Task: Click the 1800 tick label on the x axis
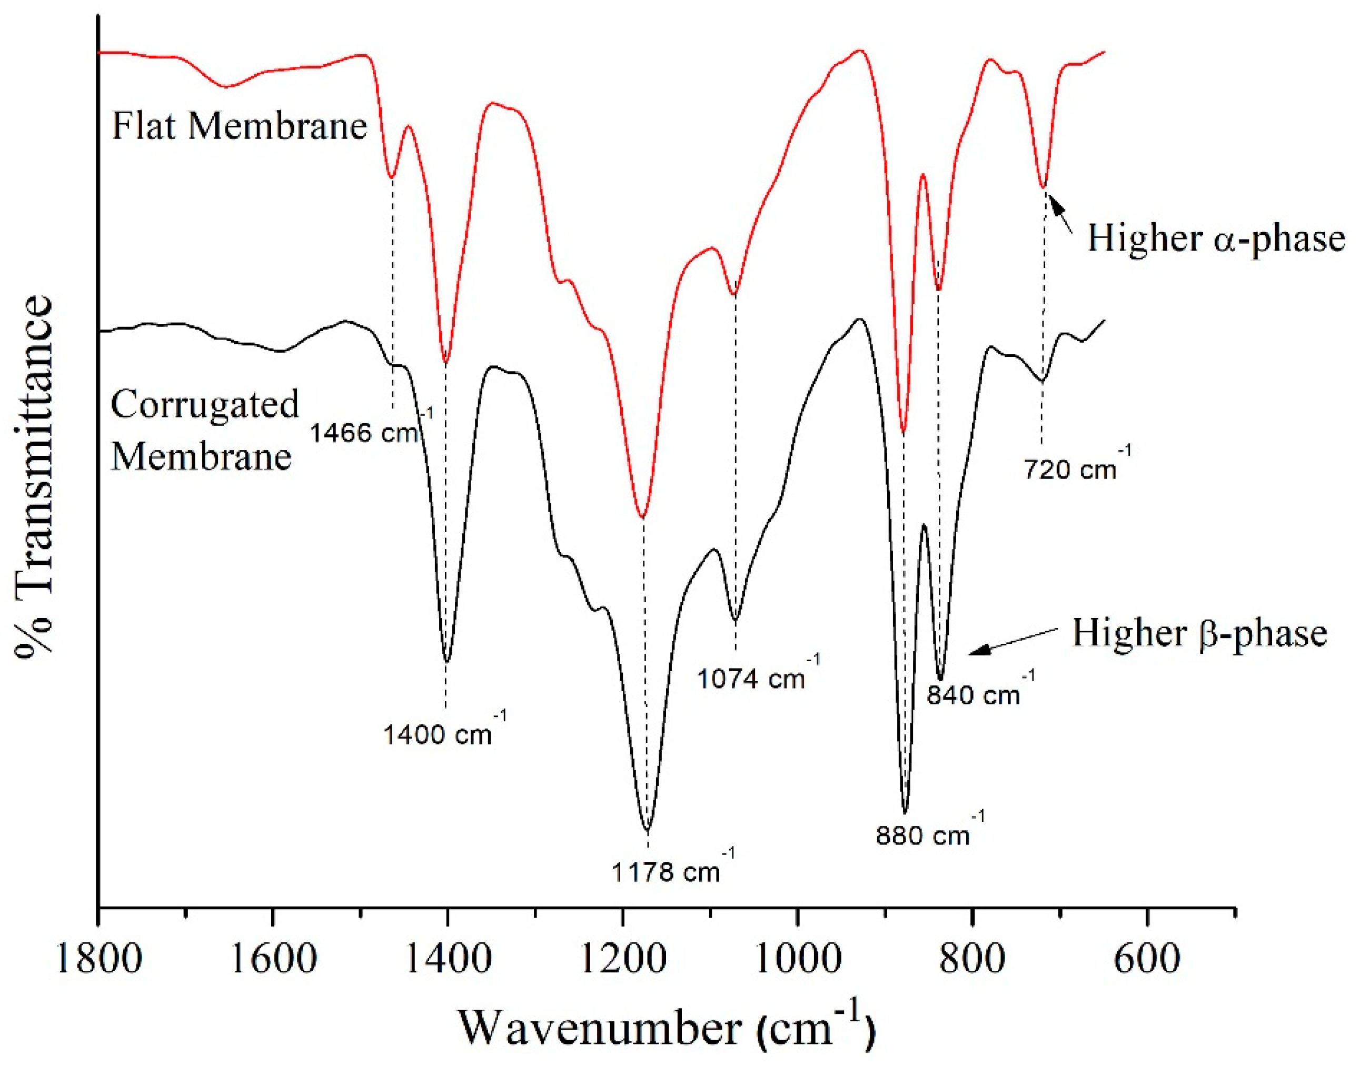pyautogui.click(x=98, y=958)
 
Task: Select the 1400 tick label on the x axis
pyautogui.click(x=448, y=958)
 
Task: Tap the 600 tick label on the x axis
pyautogui.click(x=1147, y=958)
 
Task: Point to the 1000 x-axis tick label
pyautogui.click(x=798, y=958)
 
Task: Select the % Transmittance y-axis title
pyautogui.click(x=36, y=477)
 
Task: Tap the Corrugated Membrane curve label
pyautogui.click(x=204, y=430)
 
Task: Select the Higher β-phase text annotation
pyautogui.click(x=1199, y=633)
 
